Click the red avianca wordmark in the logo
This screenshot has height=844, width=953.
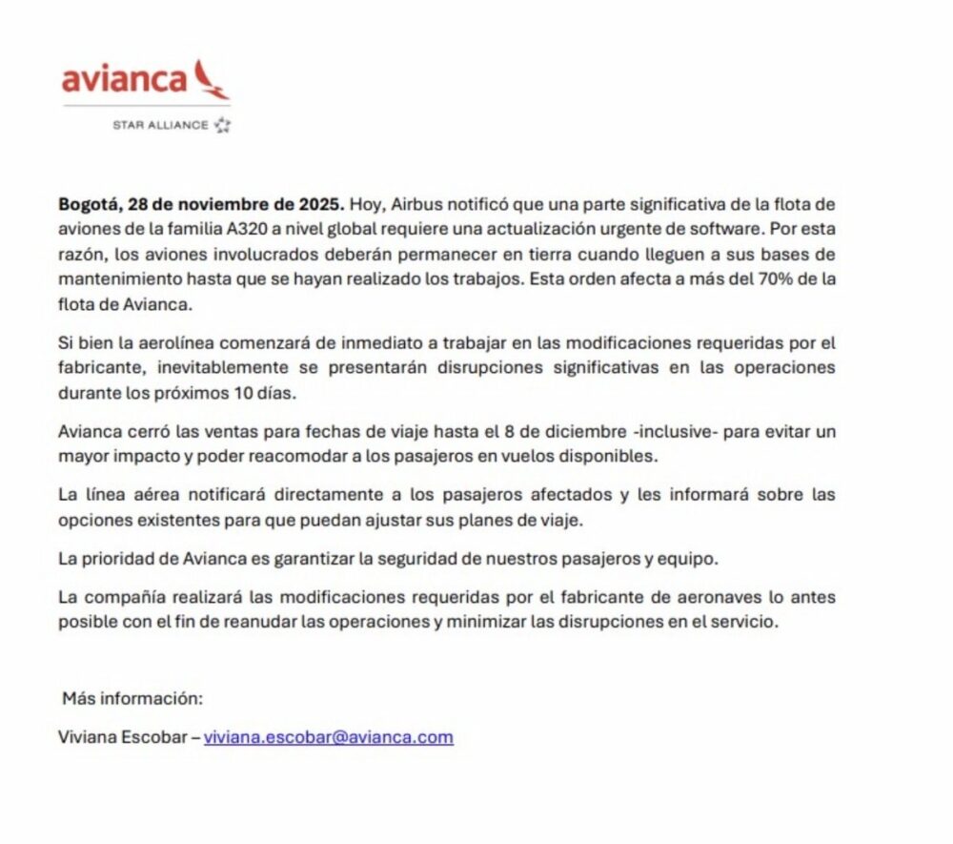(124, 79)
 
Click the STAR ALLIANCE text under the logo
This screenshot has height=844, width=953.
(160, 125)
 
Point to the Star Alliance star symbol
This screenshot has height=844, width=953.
(222, 125)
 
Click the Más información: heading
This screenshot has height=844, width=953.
(132, 697)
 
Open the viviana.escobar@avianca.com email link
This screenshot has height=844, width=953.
(329, 737)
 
